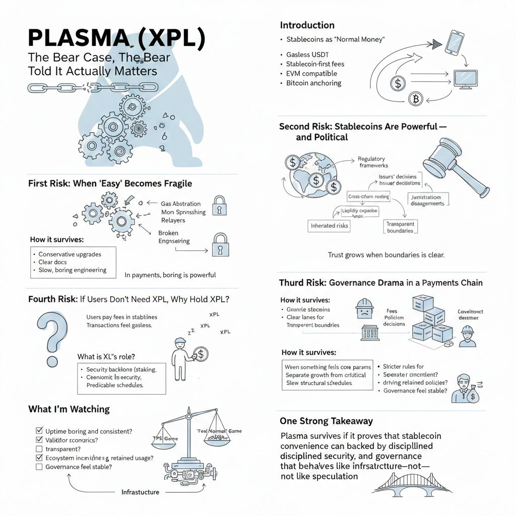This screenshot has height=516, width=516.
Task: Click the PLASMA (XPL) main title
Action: click(x=116, y=39)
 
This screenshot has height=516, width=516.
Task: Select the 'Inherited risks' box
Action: click(x=330, y=226)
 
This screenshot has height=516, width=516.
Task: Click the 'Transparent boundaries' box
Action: click(x=400, y=227)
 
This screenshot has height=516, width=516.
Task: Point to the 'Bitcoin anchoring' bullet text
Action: click(x=313, y=83)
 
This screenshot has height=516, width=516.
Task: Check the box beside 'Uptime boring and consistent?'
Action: click(x=39, y=431)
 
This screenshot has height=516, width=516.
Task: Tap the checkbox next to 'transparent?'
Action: click(x=39, y=448)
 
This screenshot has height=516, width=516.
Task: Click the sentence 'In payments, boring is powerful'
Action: click(x=170, y=275)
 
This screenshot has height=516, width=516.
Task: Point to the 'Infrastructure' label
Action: click(x=140, y=492)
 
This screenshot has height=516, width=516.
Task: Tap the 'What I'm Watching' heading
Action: click(x=69, y=409)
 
